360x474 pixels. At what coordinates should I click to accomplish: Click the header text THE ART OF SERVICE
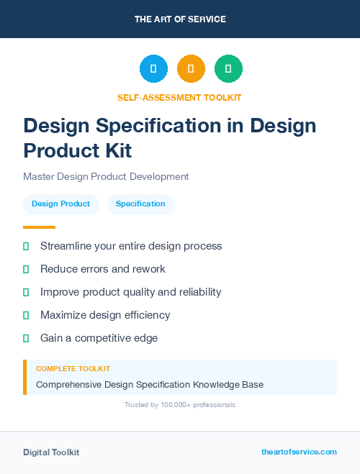[180, 19]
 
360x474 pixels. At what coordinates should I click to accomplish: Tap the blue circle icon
[153, 69]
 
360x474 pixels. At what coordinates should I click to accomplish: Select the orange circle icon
[191, 69]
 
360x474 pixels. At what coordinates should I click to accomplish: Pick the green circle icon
[228, 69]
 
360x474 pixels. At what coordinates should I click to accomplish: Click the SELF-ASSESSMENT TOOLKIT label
[179, 97]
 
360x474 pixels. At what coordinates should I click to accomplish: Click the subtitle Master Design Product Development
[106, 176]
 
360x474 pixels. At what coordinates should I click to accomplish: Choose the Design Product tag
[60, 204]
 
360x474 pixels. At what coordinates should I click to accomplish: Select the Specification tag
[140, 204]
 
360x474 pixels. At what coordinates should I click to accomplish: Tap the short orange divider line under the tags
[39, 227]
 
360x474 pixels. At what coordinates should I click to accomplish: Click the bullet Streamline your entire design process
[131, 246]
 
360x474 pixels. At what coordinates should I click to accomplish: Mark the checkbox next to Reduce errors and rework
[26, 269]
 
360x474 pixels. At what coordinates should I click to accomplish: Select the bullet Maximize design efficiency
[105, 315]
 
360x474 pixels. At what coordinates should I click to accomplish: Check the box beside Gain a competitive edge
[26, 338]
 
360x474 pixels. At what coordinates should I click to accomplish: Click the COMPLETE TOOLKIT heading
[73, 368]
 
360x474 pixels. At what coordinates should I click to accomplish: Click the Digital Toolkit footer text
[51, 452]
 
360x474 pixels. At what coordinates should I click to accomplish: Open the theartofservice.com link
[299, 452]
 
